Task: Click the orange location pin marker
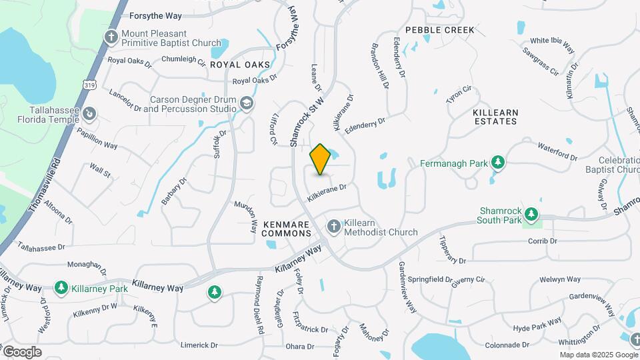coord(321,159)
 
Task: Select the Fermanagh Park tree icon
coord(497,163)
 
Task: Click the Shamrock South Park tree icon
coord(531,214)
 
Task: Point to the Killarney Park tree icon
coord(61,288)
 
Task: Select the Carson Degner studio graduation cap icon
coord(247,103)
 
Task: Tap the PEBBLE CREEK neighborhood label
coord(440,30)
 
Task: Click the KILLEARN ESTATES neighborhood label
coord(495,117)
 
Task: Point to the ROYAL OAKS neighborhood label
coord(240,65)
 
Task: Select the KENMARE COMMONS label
coord(287,229)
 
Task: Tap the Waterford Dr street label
coord(557,152)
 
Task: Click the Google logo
coord(22,352)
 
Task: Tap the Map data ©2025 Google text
coord(598,355)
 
